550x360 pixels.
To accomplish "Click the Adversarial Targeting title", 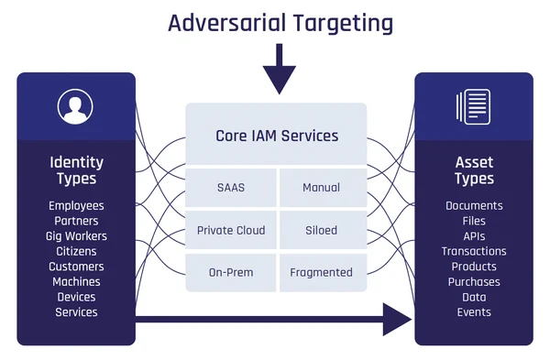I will coord(280,22).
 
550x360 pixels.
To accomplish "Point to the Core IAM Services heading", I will coord(277,136).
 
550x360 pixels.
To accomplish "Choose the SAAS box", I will coord(231,188).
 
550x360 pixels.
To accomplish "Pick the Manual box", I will coord(321,188).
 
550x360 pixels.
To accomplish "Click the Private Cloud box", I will coord(231,230).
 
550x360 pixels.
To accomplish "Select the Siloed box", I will coord(321,230).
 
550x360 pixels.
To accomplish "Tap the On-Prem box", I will coord(231,272).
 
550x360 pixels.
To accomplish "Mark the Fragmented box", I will coord(321,272).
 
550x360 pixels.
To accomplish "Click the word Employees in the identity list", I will coord(76,206).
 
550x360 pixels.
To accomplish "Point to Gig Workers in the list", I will coord(76,236).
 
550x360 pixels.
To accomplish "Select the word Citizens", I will coord(76,251).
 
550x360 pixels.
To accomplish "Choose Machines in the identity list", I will coord(76,282).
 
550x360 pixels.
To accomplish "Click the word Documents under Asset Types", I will coord(474,206).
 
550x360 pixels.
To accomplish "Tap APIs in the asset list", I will coord(474,236).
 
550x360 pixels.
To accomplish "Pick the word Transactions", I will coord(474,251).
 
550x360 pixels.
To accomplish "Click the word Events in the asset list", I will coord(474,312).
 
